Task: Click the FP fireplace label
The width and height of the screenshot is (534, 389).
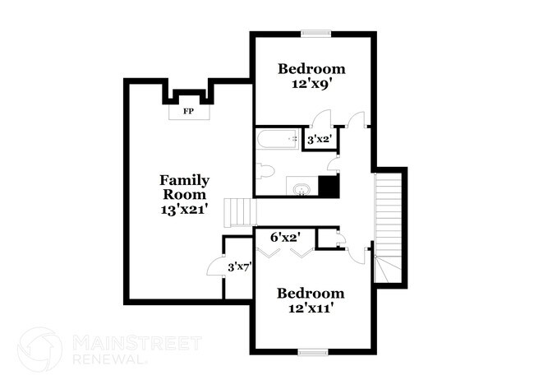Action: click(187, 109)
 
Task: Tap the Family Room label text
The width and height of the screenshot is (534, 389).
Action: click(184, 187)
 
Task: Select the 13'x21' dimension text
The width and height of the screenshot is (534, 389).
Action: click(184, 210)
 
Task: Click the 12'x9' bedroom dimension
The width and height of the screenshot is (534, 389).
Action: click(311, 84)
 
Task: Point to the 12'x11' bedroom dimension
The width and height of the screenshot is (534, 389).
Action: click(310, 309)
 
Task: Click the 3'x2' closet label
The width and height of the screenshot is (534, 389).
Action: click(317, 140)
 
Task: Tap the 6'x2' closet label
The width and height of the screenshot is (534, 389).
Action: click(285, 237)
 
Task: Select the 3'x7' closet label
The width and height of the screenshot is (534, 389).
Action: click(238, 266)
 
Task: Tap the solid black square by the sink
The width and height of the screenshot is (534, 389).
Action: click(329, 187)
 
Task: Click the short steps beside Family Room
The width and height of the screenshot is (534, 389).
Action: click(238, 212)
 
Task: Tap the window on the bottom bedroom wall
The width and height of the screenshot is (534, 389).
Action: click(312, 353)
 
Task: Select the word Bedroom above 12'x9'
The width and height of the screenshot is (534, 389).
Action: click(311, 68)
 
